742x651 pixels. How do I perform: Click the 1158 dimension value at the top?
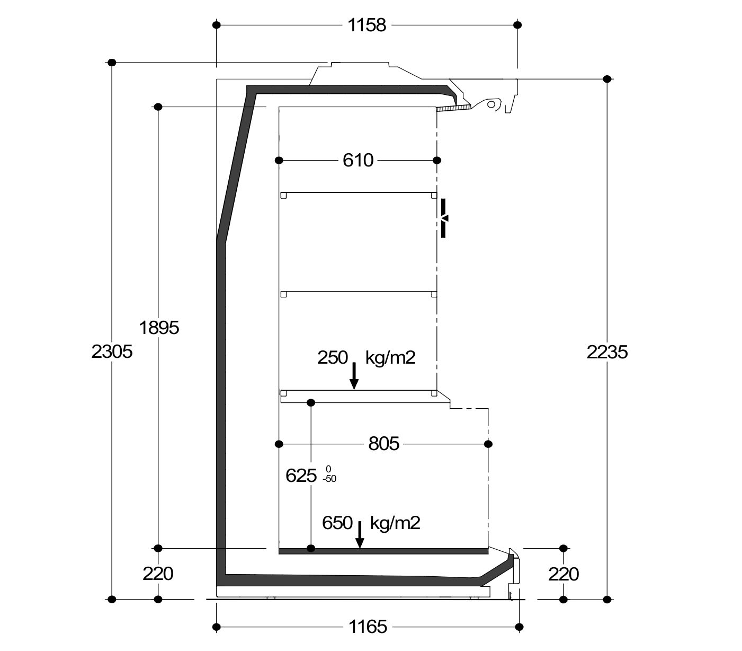click(366, 25)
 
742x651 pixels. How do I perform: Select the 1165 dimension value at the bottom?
click(368, 627)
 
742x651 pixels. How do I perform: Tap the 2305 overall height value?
click(112, 352)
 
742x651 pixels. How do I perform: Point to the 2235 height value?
click(607, 352)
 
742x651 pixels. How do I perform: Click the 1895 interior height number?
click(159, 328)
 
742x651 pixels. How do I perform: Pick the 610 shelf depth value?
click(358, 160)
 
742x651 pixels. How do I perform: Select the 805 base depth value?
click(384, 444)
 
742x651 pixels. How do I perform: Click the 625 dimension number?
click(301, 476)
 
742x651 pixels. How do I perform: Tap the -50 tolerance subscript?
click(329, 479)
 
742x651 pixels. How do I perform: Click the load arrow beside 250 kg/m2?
click(354, 375)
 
